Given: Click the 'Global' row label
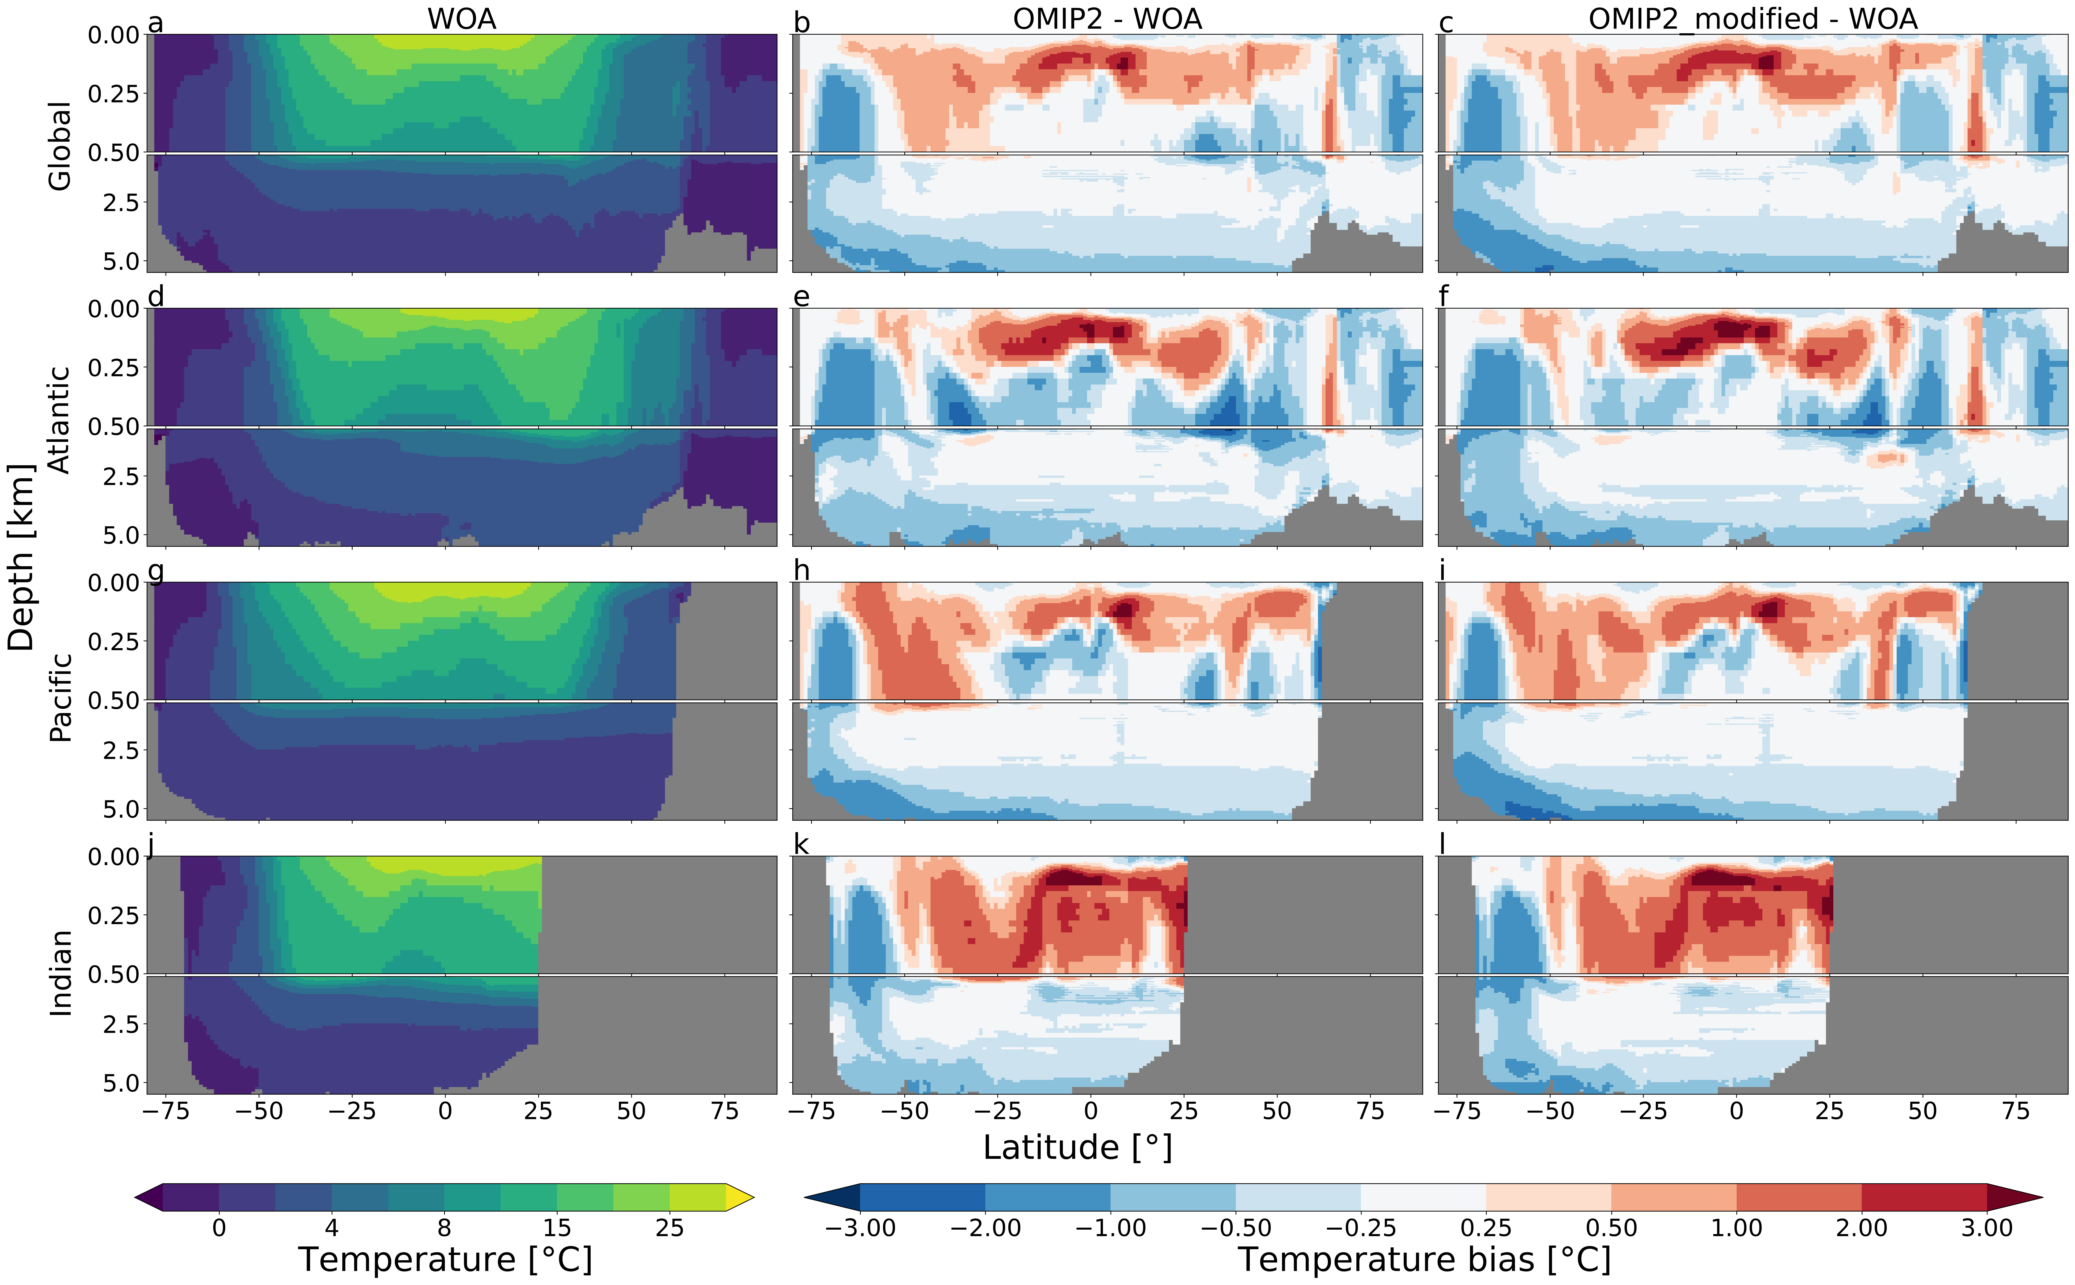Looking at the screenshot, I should (59, 146).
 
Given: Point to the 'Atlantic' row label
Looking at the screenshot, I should (59, 420).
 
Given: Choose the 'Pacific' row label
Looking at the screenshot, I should (59, 697).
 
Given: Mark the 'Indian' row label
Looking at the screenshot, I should (59, 973).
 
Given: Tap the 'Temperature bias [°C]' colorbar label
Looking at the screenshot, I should (1424, 1260).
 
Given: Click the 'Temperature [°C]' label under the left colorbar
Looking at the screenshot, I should (445, 1260).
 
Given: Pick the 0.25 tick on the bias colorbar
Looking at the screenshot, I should (1486, 1228).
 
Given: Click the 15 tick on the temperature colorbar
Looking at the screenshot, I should (557, 1228).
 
